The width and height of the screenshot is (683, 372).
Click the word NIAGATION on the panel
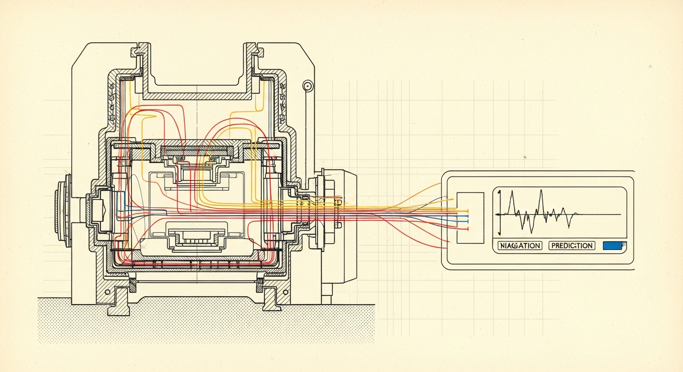(520, 246)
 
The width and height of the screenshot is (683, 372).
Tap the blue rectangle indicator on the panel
(614, 246)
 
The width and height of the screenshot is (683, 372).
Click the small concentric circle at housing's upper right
(308, 86)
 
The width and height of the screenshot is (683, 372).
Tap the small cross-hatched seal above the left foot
(132, 282)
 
